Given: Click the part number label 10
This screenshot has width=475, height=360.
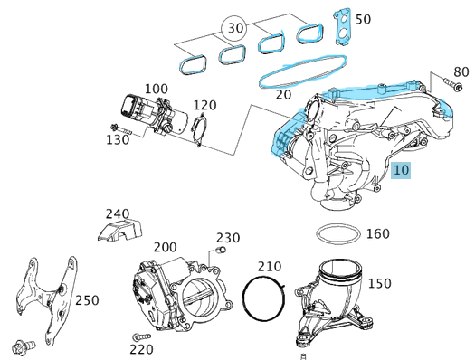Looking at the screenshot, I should (x=403, y=170).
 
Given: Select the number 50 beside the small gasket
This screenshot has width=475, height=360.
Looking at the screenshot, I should (x=363, y=19).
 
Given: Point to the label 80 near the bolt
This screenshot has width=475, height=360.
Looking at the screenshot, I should (x=461, y=71).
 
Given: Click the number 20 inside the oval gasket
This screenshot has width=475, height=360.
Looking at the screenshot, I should (x=284, y=93).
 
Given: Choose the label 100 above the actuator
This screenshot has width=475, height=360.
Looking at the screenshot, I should (x=156, y=89).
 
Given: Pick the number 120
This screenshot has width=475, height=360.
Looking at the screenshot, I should (x=204, y=106).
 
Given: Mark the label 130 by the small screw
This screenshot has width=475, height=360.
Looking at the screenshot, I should (x=118, y=140).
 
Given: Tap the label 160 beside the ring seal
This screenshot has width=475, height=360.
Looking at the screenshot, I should (x=377, y=233).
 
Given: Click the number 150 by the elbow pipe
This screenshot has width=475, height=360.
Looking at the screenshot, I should (x=379, y=283).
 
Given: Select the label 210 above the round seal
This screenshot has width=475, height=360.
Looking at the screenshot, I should (x=270, y=267).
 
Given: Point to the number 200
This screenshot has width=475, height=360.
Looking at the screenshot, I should (x=165, y=247).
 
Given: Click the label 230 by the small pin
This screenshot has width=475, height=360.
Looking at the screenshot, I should (x=228, y=238).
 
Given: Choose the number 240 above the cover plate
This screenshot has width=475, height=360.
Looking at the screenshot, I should (x=118, y=213).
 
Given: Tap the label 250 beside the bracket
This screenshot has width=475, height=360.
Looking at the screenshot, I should (x=87, y=299).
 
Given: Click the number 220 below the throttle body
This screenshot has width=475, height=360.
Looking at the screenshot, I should (x=140, y=347).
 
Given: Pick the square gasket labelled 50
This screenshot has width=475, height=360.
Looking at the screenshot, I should (x=342, y=24).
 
